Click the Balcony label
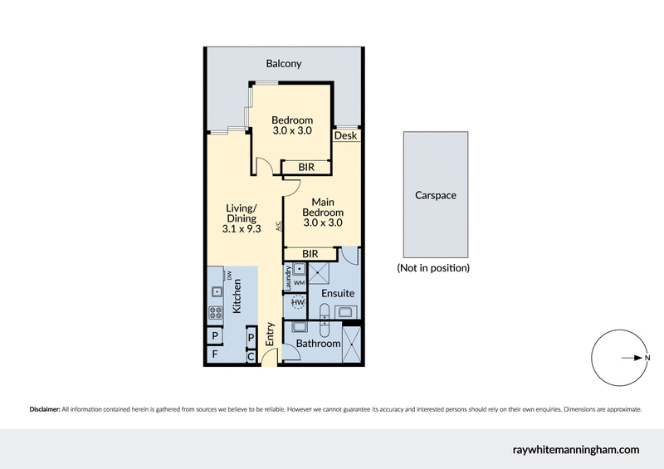[x=284, y=63]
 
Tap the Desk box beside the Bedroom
[x=346, y=135]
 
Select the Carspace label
[x=436, y=196]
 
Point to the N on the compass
[x=647, y=358]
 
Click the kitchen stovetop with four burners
[x=215, y=314]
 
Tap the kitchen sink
[x=215, y=291]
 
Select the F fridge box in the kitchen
[x=215, y=354]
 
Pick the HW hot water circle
[x=297, y=304]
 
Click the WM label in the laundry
[x=299, y=283]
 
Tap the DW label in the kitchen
[x=227, y=275]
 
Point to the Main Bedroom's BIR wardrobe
[x=311, y=253]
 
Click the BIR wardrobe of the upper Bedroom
[x=306, y=168]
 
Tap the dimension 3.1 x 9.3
[x=242, y=229]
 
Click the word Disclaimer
[x=45, y=409]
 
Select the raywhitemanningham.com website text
[x=574, y=449]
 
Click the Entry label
[x=270, y=335]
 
